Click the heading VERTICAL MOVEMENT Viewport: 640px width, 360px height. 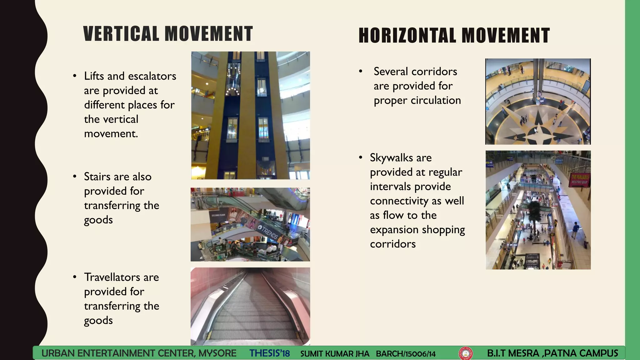pos(168,34)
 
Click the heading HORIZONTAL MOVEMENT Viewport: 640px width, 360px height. pos(454,35)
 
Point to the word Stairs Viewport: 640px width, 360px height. pos(97,177)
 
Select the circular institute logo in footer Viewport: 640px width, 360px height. pos(465,353)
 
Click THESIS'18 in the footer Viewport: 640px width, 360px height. pos(269,353)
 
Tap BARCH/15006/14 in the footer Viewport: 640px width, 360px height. pos(406,354)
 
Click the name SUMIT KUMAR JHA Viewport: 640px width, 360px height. pos(335,354)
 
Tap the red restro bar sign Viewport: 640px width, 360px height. pos(579,179)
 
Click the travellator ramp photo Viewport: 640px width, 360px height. pos(250,306)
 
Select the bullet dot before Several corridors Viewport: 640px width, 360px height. pos(361,71)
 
